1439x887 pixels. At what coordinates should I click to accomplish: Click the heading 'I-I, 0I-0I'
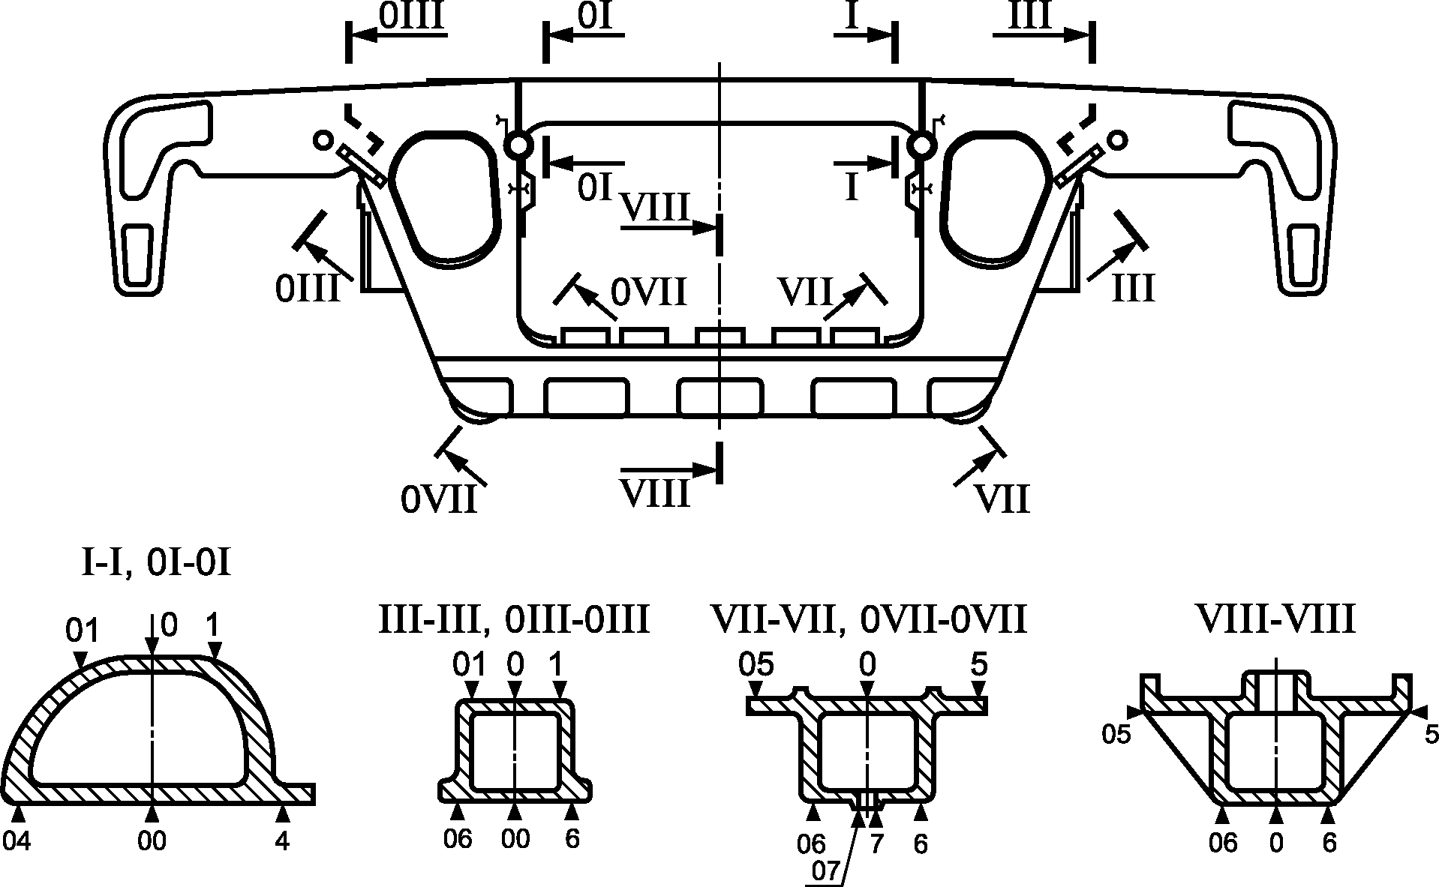(x=155, y=563)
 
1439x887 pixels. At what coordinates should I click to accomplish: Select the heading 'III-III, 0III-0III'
(x=513, y=621)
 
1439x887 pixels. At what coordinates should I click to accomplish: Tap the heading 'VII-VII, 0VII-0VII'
(x=869, y=621)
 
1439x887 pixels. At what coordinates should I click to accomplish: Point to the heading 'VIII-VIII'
(x=1275, y=621)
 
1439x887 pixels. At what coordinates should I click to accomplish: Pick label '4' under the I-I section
(x=282, y=842)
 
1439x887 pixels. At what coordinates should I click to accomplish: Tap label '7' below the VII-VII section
(x=876, y=844)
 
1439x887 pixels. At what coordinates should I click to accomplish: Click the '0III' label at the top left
(x=413, y=16)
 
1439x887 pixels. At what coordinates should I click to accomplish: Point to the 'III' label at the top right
(x=1030, y=16)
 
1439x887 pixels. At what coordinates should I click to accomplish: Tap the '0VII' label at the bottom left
(x=439, y=499)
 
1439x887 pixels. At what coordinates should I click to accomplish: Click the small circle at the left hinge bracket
(x=323, y=139)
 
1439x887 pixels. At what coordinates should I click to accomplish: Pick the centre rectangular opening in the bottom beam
(x=719, y=397)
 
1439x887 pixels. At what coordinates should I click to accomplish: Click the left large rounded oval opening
(x=444, y=197)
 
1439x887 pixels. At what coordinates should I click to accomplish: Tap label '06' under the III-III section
(x=458, y=839)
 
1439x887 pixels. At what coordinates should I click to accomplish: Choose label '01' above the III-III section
(x=470, y=664)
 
